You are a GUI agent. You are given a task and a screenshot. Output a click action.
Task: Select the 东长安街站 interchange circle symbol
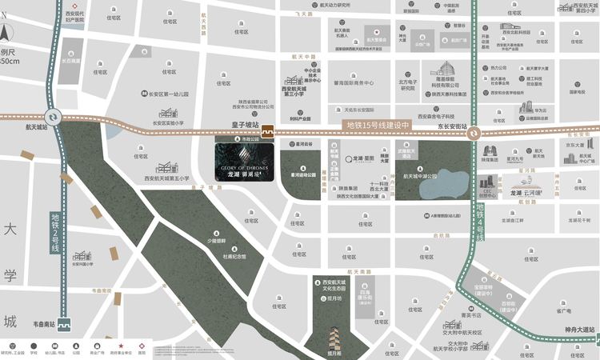pyautogui.click(x=474, y=134)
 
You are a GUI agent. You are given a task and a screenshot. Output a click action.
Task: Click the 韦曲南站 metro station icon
pyautogui.click(x=65, y=325)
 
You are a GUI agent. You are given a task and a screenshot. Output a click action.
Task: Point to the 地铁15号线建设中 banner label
pyautogui.click(x=377, y=126)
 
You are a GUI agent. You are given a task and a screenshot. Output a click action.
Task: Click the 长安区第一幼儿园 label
pyautogui.click(x=165, y=94)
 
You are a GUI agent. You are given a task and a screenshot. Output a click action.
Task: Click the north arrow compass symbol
pyautogui.click(x=6, y=34)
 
